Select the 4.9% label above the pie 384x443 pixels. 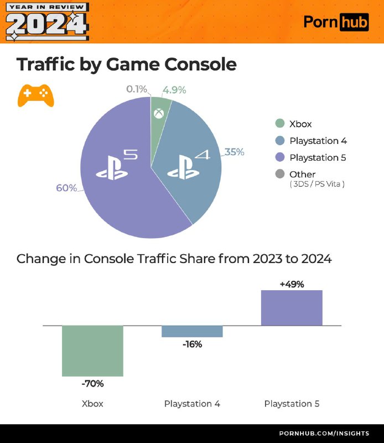coord(174,90)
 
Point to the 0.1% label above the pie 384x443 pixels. coord(137,89)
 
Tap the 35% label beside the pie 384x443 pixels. coord(234,152)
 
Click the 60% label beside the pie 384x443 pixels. coord(66,188)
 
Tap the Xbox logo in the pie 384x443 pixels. coord(159,115)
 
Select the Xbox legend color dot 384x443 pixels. coord(280,124)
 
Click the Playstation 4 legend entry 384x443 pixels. coord(318,141)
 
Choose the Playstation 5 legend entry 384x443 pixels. coord(318,158)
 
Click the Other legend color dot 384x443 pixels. coord(280,174)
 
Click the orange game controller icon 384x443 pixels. coord(36,95)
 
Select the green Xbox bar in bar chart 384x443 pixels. coord(92,351)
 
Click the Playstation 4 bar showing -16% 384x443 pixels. coord(192,331)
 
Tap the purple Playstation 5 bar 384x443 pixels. coord(292,307)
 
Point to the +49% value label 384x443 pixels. coord(292,284)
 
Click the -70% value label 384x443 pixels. coord(92,383)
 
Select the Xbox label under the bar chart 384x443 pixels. coord(92,404)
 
